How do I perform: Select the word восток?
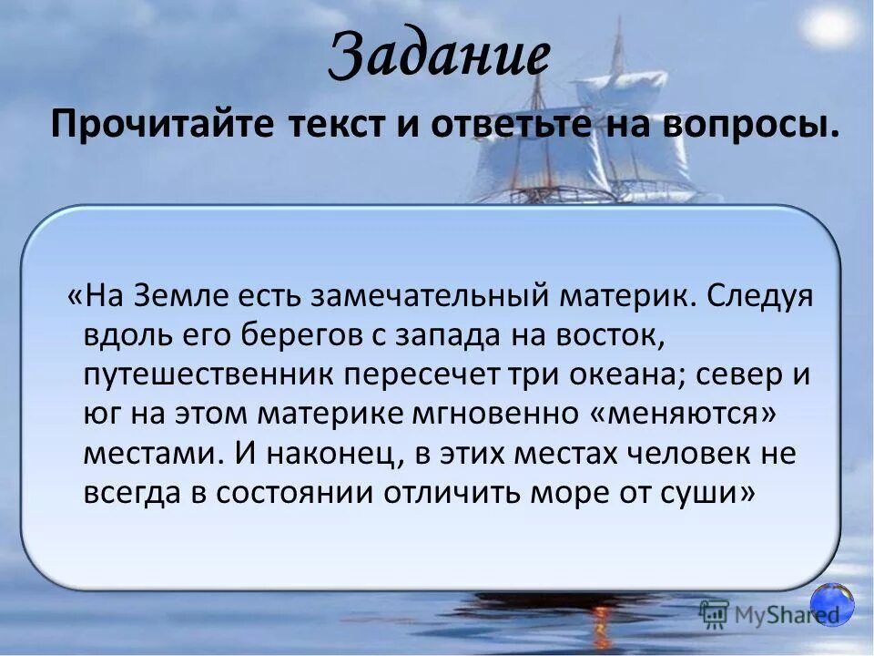615,335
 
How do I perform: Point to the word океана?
627,375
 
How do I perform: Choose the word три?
525,375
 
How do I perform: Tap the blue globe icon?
832,605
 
